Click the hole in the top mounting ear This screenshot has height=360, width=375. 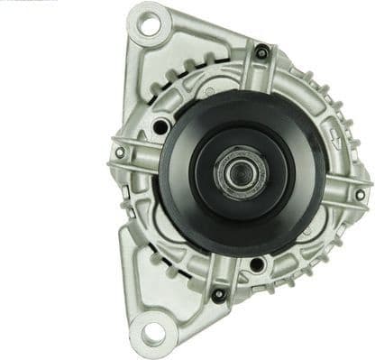[x=147, y=24]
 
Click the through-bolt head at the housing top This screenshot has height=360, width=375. [x=261, y=53]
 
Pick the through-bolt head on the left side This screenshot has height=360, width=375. [x=120, y=152]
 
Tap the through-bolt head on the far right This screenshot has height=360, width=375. [x=360, y=194]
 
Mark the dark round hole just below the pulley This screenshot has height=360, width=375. [x=257, y=264]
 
